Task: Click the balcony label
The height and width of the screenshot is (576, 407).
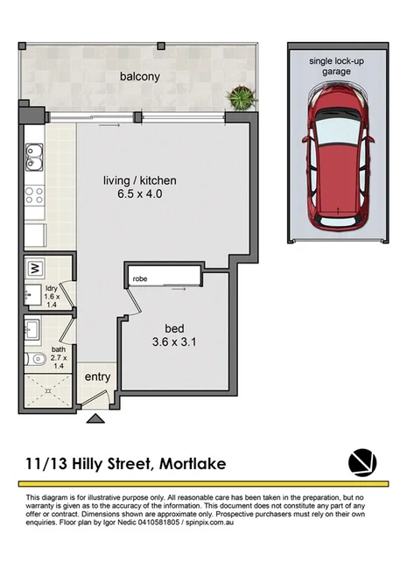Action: (x=139, y=76)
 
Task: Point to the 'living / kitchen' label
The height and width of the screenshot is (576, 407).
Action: (x=133, y=180)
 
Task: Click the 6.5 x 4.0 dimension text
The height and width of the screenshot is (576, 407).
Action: (x=134, y=194)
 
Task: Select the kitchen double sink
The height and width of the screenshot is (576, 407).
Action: (x=35, y=158)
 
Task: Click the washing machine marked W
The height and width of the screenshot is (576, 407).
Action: (x=36, y=268)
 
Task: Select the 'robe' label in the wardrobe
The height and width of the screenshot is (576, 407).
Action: (x=139, y=279)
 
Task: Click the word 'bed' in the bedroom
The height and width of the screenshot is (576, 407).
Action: (x=174, y=328)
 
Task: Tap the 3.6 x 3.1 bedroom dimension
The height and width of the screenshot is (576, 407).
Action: (x=174, y=342)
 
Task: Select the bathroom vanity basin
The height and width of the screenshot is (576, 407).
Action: (x=32, y=329)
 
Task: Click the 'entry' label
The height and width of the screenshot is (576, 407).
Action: (x=96, y=377)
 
